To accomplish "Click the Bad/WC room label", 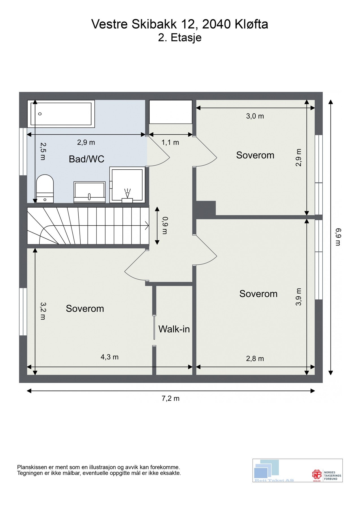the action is pyautogui.click(x=87, y=159).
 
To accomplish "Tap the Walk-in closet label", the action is pyautogui.click(x=174, y=329).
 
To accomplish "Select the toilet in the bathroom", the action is pyautogui.click(x=45, y=189).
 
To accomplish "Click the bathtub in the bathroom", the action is pyautogui.click(x=61, y=114).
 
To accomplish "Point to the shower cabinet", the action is pyautogui.click(x=127, y=185).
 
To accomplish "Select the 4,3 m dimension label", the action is pyautogui.click(x=109, y=357).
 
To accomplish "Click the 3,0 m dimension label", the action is pyautogui.click(x=255, y=116).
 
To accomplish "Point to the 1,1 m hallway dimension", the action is pyautogui.click(x=170, y=142).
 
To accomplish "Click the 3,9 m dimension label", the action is pyautogui.click(x=299, y=297).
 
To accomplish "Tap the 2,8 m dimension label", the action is pyautogui.click(x=255, y=359).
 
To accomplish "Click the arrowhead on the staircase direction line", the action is pyautogui.click(x=147, y=225).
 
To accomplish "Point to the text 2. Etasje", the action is pyautogui.click(x=180, y=38).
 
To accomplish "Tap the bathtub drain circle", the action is pyautogui.click(x=40, y=114).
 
